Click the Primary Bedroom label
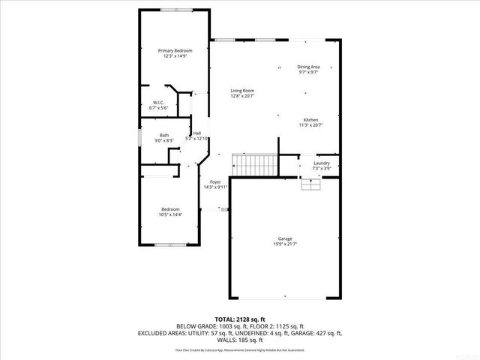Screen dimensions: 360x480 pyautogui.click(x=169, y=51)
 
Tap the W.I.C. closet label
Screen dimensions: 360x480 pyautogui.click(x=159, y=103)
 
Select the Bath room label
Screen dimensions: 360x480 pyautogui.click(x=163, y=135)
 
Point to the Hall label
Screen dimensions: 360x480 pyautogui.click(x=196, y=133)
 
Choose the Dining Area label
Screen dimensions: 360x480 pyautogui.click(x=308, y=67)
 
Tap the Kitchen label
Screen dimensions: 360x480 pyautogui.click(x=310, y=120)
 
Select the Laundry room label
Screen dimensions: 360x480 pyautogui.click(x=321, y=163)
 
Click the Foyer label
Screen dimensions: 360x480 pyautogui.click(x=215, y=182)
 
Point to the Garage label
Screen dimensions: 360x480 pyautogui.click(x=284, y=238)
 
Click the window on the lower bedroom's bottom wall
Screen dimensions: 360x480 pyautogui.click(x=169, y=245)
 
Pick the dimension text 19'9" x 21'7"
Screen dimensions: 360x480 pyautogui.click(x=284, y=244)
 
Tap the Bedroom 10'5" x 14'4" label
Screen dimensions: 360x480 pyautogui.click(x=169, y=211)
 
